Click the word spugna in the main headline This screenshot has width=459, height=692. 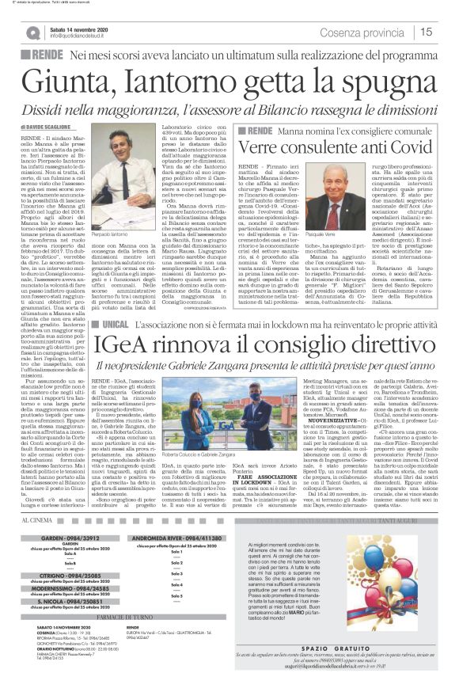tap(382, 82)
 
